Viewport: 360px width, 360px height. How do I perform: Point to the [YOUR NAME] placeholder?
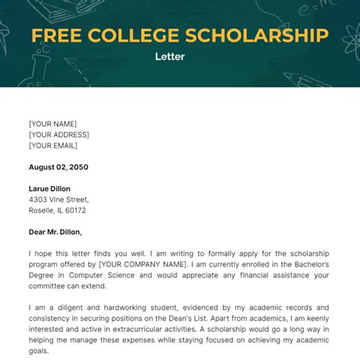click(53, 124)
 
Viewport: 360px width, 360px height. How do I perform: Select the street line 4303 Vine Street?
click(58, 200)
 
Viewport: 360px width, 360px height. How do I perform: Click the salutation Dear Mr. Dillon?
click(55, 232)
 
